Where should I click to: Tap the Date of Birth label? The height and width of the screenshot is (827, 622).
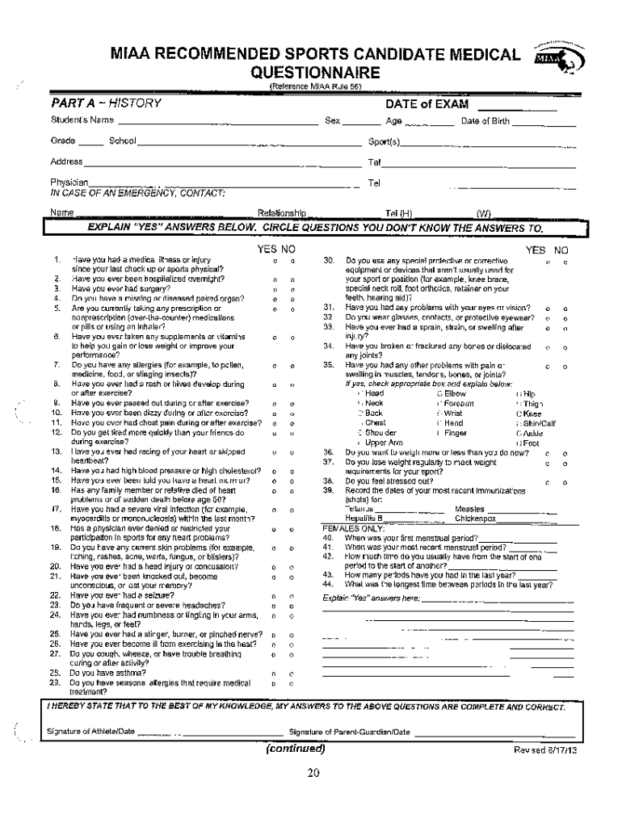(485, 122)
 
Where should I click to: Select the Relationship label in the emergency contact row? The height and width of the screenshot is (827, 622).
(280, 213)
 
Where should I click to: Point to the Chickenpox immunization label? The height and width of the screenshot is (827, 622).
(477, 518)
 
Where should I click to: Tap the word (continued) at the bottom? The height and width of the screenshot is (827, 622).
(296, 748)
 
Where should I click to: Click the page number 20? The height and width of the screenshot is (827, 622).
(313, 774)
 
